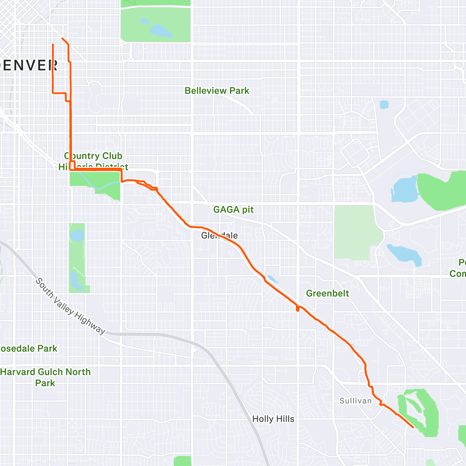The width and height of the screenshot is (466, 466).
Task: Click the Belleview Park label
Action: (217, 91)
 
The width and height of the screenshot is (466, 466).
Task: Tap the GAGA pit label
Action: (233, 210)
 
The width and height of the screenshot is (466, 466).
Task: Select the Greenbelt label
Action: (327, 294)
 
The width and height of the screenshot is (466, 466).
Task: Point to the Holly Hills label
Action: (273, 419)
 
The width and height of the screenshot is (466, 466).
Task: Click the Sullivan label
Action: (355, 401)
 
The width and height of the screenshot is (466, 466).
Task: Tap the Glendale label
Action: (219, 235)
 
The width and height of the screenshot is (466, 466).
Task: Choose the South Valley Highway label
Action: (70, 306)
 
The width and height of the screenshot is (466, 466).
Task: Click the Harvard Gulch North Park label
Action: (45, 377)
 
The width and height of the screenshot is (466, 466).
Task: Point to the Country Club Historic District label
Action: (93, 161)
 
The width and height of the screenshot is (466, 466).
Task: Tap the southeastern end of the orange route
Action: (413, 427)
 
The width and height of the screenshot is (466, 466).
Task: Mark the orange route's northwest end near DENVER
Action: (53, 45)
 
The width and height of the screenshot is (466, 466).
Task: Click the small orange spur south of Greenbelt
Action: (297, 309)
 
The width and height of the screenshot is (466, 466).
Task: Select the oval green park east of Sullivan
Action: (417, 412)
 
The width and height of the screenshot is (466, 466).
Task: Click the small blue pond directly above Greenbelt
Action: (272, 279)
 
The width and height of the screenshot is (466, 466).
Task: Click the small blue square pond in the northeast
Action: (384, 104)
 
